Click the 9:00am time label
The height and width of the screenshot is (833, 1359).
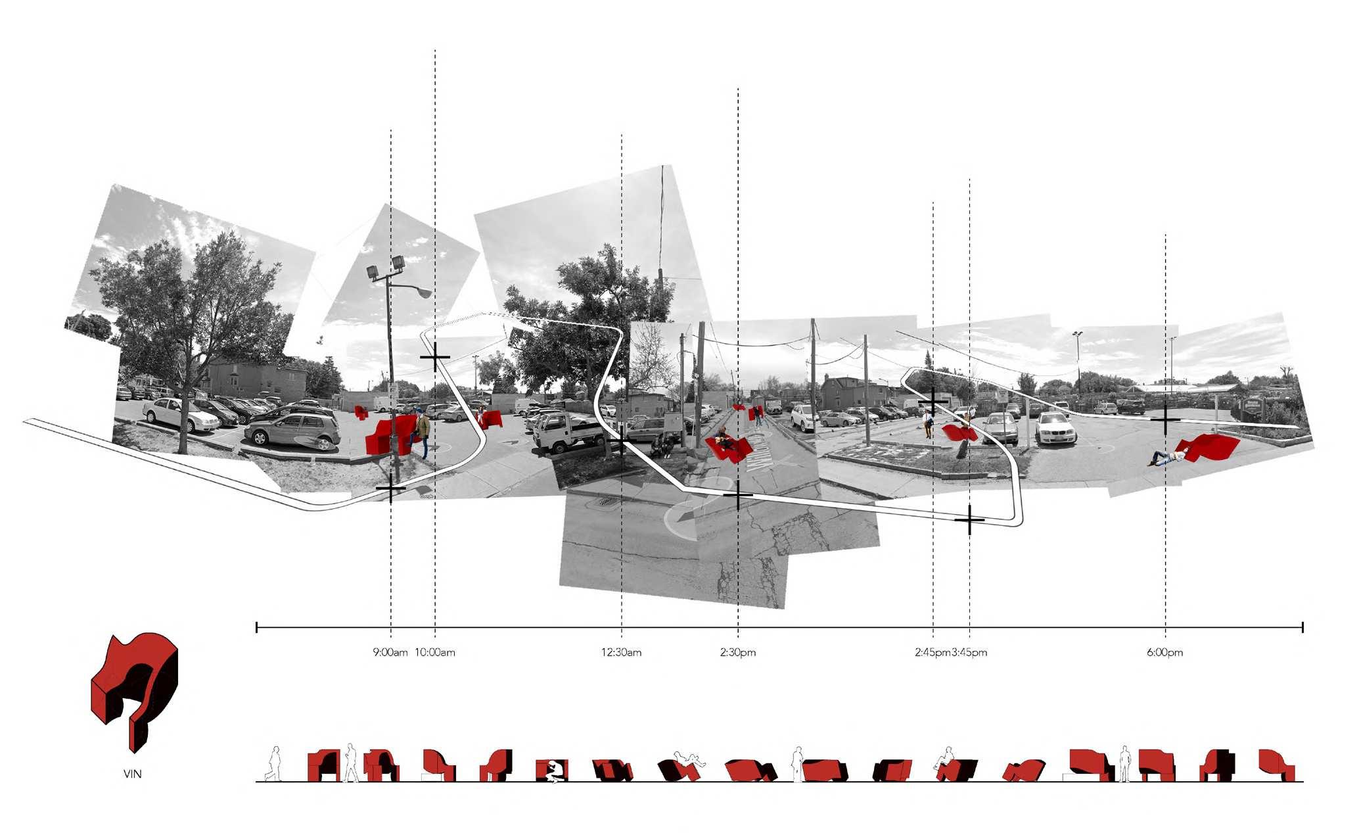[390, 653]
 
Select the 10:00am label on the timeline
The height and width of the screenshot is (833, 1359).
[435, 653]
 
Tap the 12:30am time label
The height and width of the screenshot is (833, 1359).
[621, 653]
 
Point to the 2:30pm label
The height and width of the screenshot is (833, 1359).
[737, 653]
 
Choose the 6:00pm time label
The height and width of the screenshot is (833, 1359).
[1164, 653]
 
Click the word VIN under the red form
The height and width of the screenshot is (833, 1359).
[132, 774]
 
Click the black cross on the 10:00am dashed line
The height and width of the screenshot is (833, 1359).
[434, 358]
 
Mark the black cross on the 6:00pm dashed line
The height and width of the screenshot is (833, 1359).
[1165, 419]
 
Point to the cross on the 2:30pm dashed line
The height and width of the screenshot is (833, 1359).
[737, 496]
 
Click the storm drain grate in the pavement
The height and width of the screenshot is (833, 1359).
[603, 503]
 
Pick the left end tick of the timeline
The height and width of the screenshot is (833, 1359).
[256, 628]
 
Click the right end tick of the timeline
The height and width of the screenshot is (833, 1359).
[1302, 628]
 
